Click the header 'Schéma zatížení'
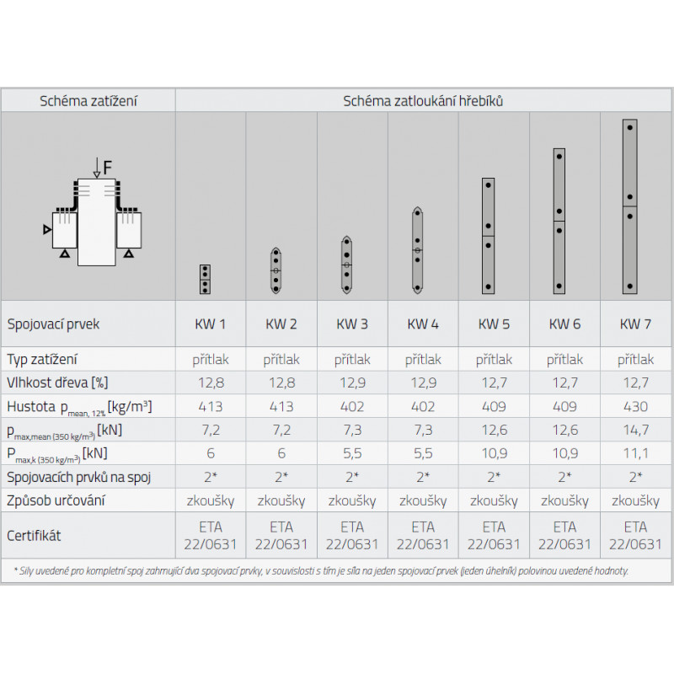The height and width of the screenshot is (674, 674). pyautogui.click(x=88, y=101)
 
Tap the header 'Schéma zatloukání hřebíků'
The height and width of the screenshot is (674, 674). pyautogui.click(x=423, y=101)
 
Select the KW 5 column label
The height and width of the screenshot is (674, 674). pyautogui.click(x=494, y=324)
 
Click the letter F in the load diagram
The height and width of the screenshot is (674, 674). pyautogui.click(x=108, y=167)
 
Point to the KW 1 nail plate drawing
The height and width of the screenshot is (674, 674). pyautogui.click(x=205, y=280)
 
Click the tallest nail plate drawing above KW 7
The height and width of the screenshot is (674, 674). pyautogui.click(x=629, y=206)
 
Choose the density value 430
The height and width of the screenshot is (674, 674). pyautogui.click(x=635, y=406)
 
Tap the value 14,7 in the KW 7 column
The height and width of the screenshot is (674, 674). pyautogui.click(x=636, y=430)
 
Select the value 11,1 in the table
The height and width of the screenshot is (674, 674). pyautogui.click(x=636, y=453)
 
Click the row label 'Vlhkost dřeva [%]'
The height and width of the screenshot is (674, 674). pyautogui.click(x=57, y=382)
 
